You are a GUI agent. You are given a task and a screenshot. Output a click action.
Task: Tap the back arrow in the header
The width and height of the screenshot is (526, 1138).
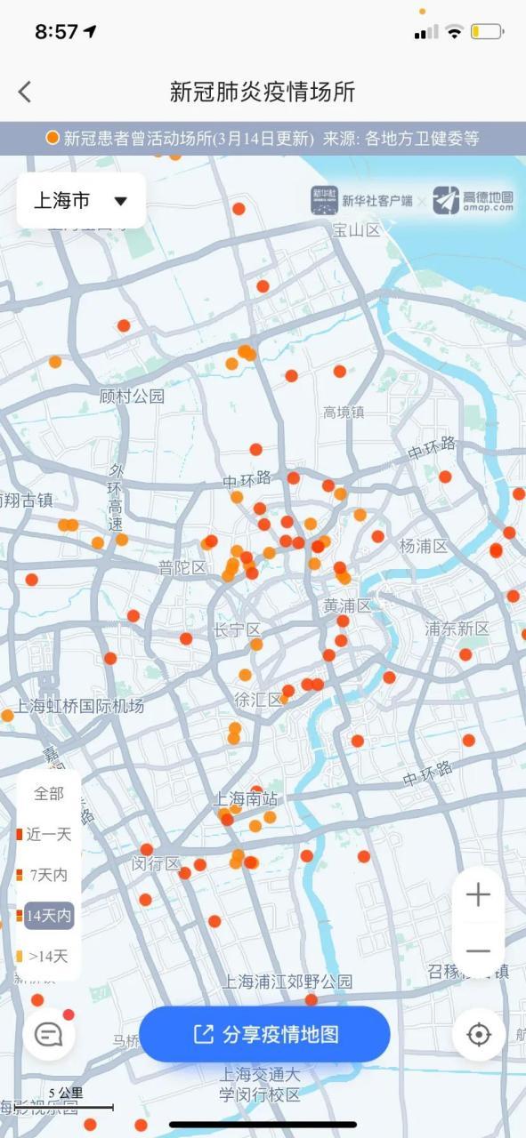coord(25,91)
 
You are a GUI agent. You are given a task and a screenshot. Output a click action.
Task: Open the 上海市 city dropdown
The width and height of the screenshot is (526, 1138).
coord(81,201)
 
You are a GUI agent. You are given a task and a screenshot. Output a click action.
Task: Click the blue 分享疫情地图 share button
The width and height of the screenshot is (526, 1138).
coord(265,1034)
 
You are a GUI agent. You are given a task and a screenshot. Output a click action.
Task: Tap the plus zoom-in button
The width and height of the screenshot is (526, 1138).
coord(478,894)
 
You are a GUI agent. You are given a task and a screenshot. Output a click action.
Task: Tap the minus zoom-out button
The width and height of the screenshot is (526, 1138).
coord(478,951)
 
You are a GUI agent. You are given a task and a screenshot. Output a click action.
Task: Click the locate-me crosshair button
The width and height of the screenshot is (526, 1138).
coord(479,1034)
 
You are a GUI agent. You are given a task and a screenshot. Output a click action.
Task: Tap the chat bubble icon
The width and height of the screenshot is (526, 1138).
coord(48,1034)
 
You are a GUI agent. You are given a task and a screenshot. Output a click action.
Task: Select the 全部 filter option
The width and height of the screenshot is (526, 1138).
coord(49,794)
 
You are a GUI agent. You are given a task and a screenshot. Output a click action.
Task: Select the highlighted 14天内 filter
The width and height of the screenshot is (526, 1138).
coord(48,915)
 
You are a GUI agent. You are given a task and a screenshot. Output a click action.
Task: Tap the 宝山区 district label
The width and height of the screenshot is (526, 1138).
coord(356,230)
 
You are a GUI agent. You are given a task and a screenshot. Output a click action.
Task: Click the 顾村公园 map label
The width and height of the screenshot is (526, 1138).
coord(132,397)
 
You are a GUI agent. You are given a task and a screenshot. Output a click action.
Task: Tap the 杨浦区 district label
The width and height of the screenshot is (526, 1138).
coord(424,546)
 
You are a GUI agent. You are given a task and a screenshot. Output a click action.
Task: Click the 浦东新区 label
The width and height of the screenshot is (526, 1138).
coord(457,629)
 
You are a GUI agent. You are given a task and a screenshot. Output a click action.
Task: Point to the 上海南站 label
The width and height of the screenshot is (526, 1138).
coord(246,799)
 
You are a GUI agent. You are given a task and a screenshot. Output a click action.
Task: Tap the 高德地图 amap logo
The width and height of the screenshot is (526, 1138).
coord(473,201)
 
